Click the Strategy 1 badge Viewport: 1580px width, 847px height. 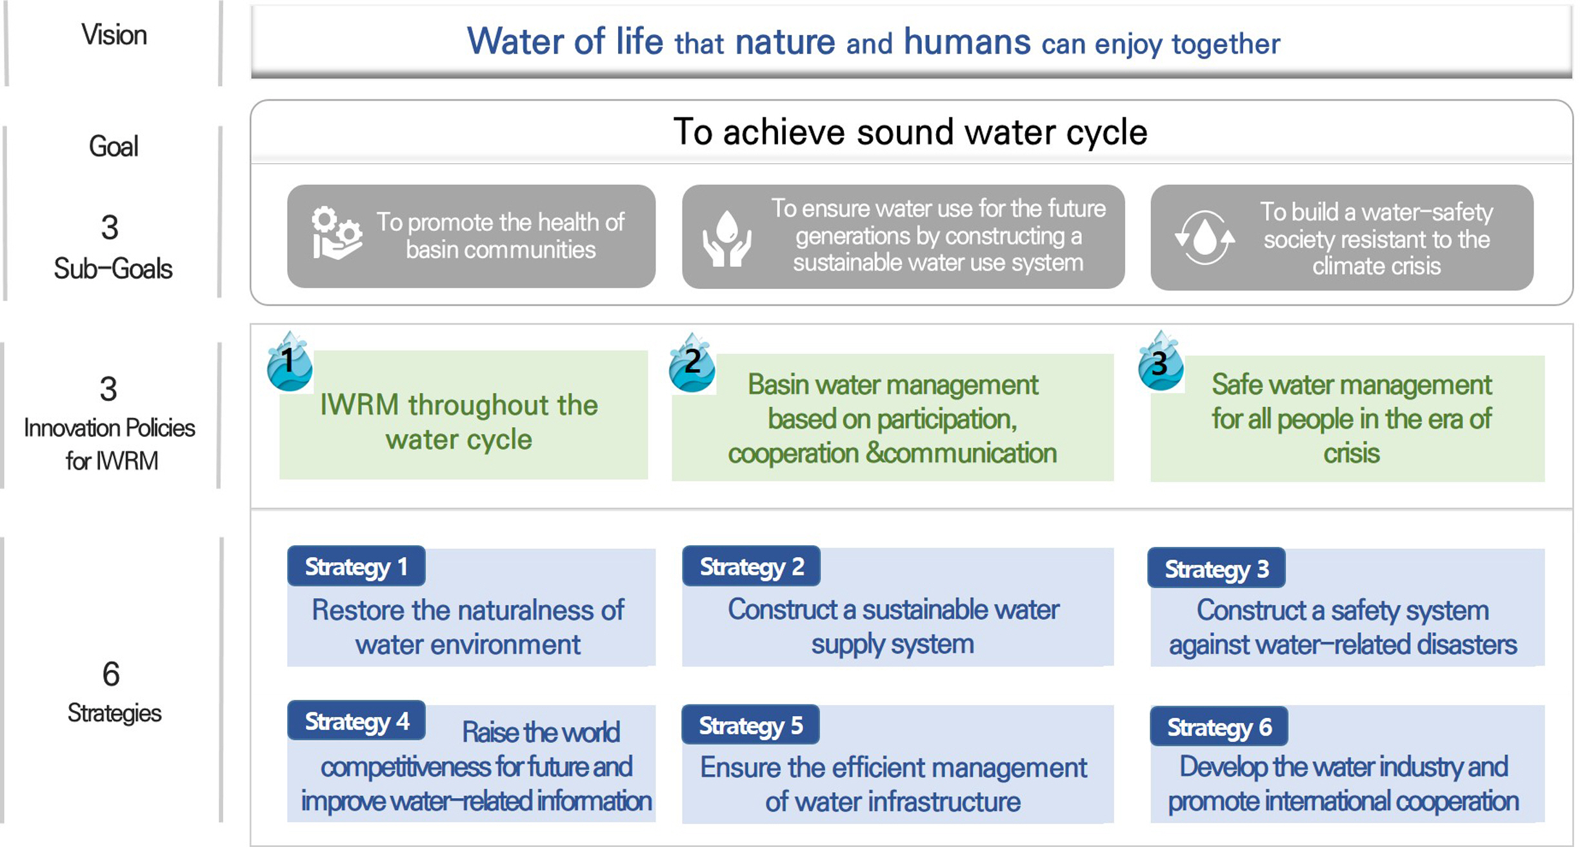[356, 566]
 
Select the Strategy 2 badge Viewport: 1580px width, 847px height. [751, 566]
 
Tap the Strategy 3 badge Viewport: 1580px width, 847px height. [1216, 568]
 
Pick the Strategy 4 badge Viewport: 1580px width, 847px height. [356, 720]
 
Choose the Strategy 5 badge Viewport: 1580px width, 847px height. [750, 724]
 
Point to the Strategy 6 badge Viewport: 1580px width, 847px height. [1219, 726]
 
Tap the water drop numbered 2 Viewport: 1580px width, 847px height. [692, 363]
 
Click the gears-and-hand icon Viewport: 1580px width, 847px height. [337, 233]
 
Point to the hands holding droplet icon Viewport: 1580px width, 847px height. [727, 238]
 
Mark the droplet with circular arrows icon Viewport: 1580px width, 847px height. [1205, 237]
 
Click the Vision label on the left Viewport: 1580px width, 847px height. [114, 35]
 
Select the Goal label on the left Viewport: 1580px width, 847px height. [114, 146]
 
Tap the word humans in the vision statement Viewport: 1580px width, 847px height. [967, 42]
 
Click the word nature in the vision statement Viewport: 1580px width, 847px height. [785, 43]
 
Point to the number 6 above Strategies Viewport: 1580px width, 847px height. [111, 674]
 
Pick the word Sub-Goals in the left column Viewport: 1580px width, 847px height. [113, 268]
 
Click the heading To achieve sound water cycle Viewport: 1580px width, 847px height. [910, 132]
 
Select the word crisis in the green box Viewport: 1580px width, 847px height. [1351, 453]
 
